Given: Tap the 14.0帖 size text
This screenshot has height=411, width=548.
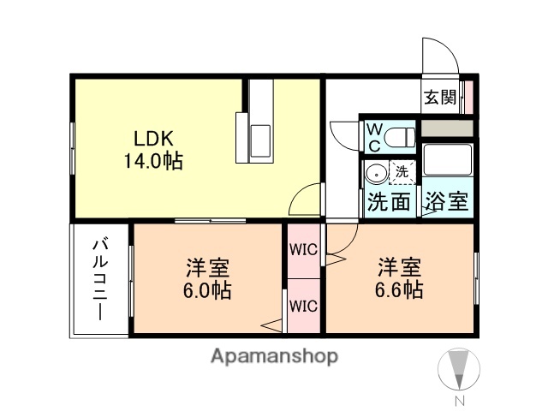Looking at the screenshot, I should pyautogui.click(x=155, y=160).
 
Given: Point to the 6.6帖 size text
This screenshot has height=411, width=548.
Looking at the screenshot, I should pyautogui.click(x=396, y=289).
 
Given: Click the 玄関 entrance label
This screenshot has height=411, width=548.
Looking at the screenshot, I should pyautogui.click(x=440, y=97).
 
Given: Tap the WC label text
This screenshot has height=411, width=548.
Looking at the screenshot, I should pyautogui.click(x=374, y=137).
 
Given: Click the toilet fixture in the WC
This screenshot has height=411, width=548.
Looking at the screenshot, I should pyautogui.click(x=400, y=136).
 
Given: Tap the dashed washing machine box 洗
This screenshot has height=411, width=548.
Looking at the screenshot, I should pyautogui.click(x=402, y=171).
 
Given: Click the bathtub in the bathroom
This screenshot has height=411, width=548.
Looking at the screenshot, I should pyautogui.click(x=446, y=163).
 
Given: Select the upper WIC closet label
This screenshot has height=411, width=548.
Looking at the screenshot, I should pyautogui.click(x=303, y=251).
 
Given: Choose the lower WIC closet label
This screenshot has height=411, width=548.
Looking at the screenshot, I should pyautogui.click(x=303, y=305).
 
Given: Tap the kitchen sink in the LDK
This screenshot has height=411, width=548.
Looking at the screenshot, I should pyautogui.click(x=260, y=137).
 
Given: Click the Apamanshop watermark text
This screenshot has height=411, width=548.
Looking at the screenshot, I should pyautogui.click(x=274, y=355).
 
